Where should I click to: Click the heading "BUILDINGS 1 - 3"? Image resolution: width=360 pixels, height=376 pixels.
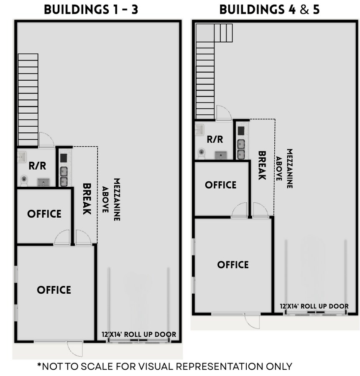[x=91, y=9]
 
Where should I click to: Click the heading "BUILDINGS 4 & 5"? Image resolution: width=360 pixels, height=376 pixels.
[x=269, y=9]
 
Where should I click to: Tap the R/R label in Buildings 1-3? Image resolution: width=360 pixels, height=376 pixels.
[x=37, y=166]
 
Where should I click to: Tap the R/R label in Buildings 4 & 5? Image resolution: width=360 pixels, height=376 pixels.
[x=215, y=140]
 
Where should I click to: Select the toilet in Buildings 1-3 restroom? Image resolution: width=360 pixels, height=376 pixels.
[x=24, y=180]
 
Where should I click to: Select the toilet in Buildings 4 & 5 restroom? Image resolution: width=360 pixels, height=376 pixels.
[x=202, y=153]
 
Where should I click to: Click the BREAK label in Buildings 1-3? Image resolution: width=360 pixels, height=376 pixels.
[x=87, y=199]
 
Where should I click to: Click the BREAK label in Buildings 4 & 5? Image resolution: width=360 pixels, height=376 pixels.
[x=262, y=165]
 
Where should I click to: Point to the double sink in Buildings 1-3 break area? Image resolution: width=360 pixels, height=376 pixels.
[x=64, y=176]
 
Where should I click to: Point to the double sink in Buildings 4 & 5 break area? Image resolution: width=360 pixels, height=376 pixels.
[x=241, y=149]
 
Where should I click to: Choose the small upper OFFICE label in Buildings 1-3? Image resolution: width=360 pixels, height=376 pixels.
[x=44, y=214]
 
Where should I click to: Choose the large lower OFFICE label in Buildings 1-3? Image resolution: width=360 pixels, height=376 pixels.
[x=54, y=290]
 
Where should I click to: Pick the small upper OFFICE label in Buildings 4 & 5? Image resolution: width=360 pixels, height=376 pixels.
[x=221, y=185]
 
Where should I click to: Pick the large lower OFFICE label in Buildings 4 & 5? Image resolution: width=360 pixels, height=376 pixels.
[x=233, y=265]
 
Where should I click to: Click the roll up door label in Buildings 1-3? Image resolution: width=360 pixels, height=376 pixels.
[x=139, y=335]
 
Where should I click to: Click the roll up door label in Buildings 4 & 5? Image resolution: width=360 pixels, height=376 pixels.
[x=314, y=307]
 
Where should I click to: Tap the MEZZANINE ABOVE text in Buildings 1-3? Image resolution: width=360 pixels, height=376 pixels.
[x=111, y=200]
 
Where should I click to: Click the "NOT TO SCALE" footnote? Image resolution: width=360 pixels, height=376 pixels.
[x=164, y=366]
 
